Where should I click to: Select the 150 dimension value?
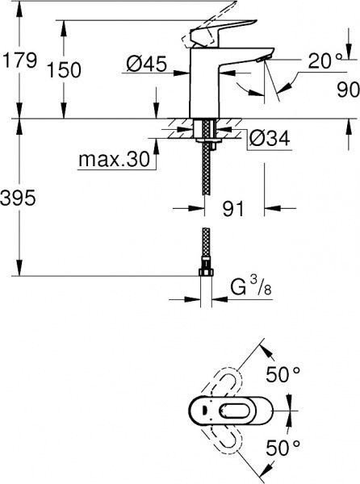coord(65,71)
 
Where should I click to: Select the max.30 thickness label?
coord(114,161)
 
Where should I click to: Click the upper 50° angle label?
coord(283,375)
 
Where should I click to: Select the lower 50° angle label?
coord(283,444)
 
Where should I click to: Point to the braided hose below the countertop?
coord(205,177)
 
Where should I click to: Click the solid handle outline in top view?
coord(218,409)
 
